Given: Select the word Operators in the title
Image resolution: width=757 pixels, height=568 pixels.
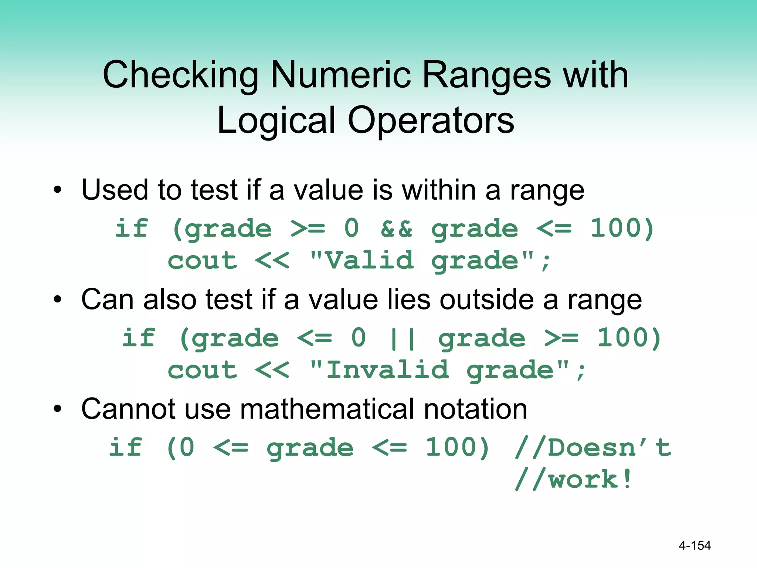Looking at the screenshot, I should pos(431,121).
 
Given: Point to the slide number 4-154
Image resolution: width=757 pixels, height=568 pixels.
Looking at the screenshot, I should pos(695,545).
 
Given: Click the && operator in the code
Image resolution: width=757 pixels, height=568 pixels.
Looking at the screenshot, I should pos(396,229).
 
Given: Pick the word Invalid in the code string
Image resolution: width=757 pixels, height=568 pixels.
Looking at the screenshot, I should pos(387,370).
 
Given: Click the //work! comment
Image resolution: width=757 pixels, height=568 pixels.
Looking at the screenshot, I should pos(573,480).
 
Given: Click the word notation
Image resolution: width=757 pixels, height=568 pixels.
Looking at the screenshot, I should pos(475,409).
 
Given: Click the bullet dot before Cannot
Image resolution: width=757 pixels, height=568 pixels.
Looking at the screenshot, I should pos(57,409).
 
